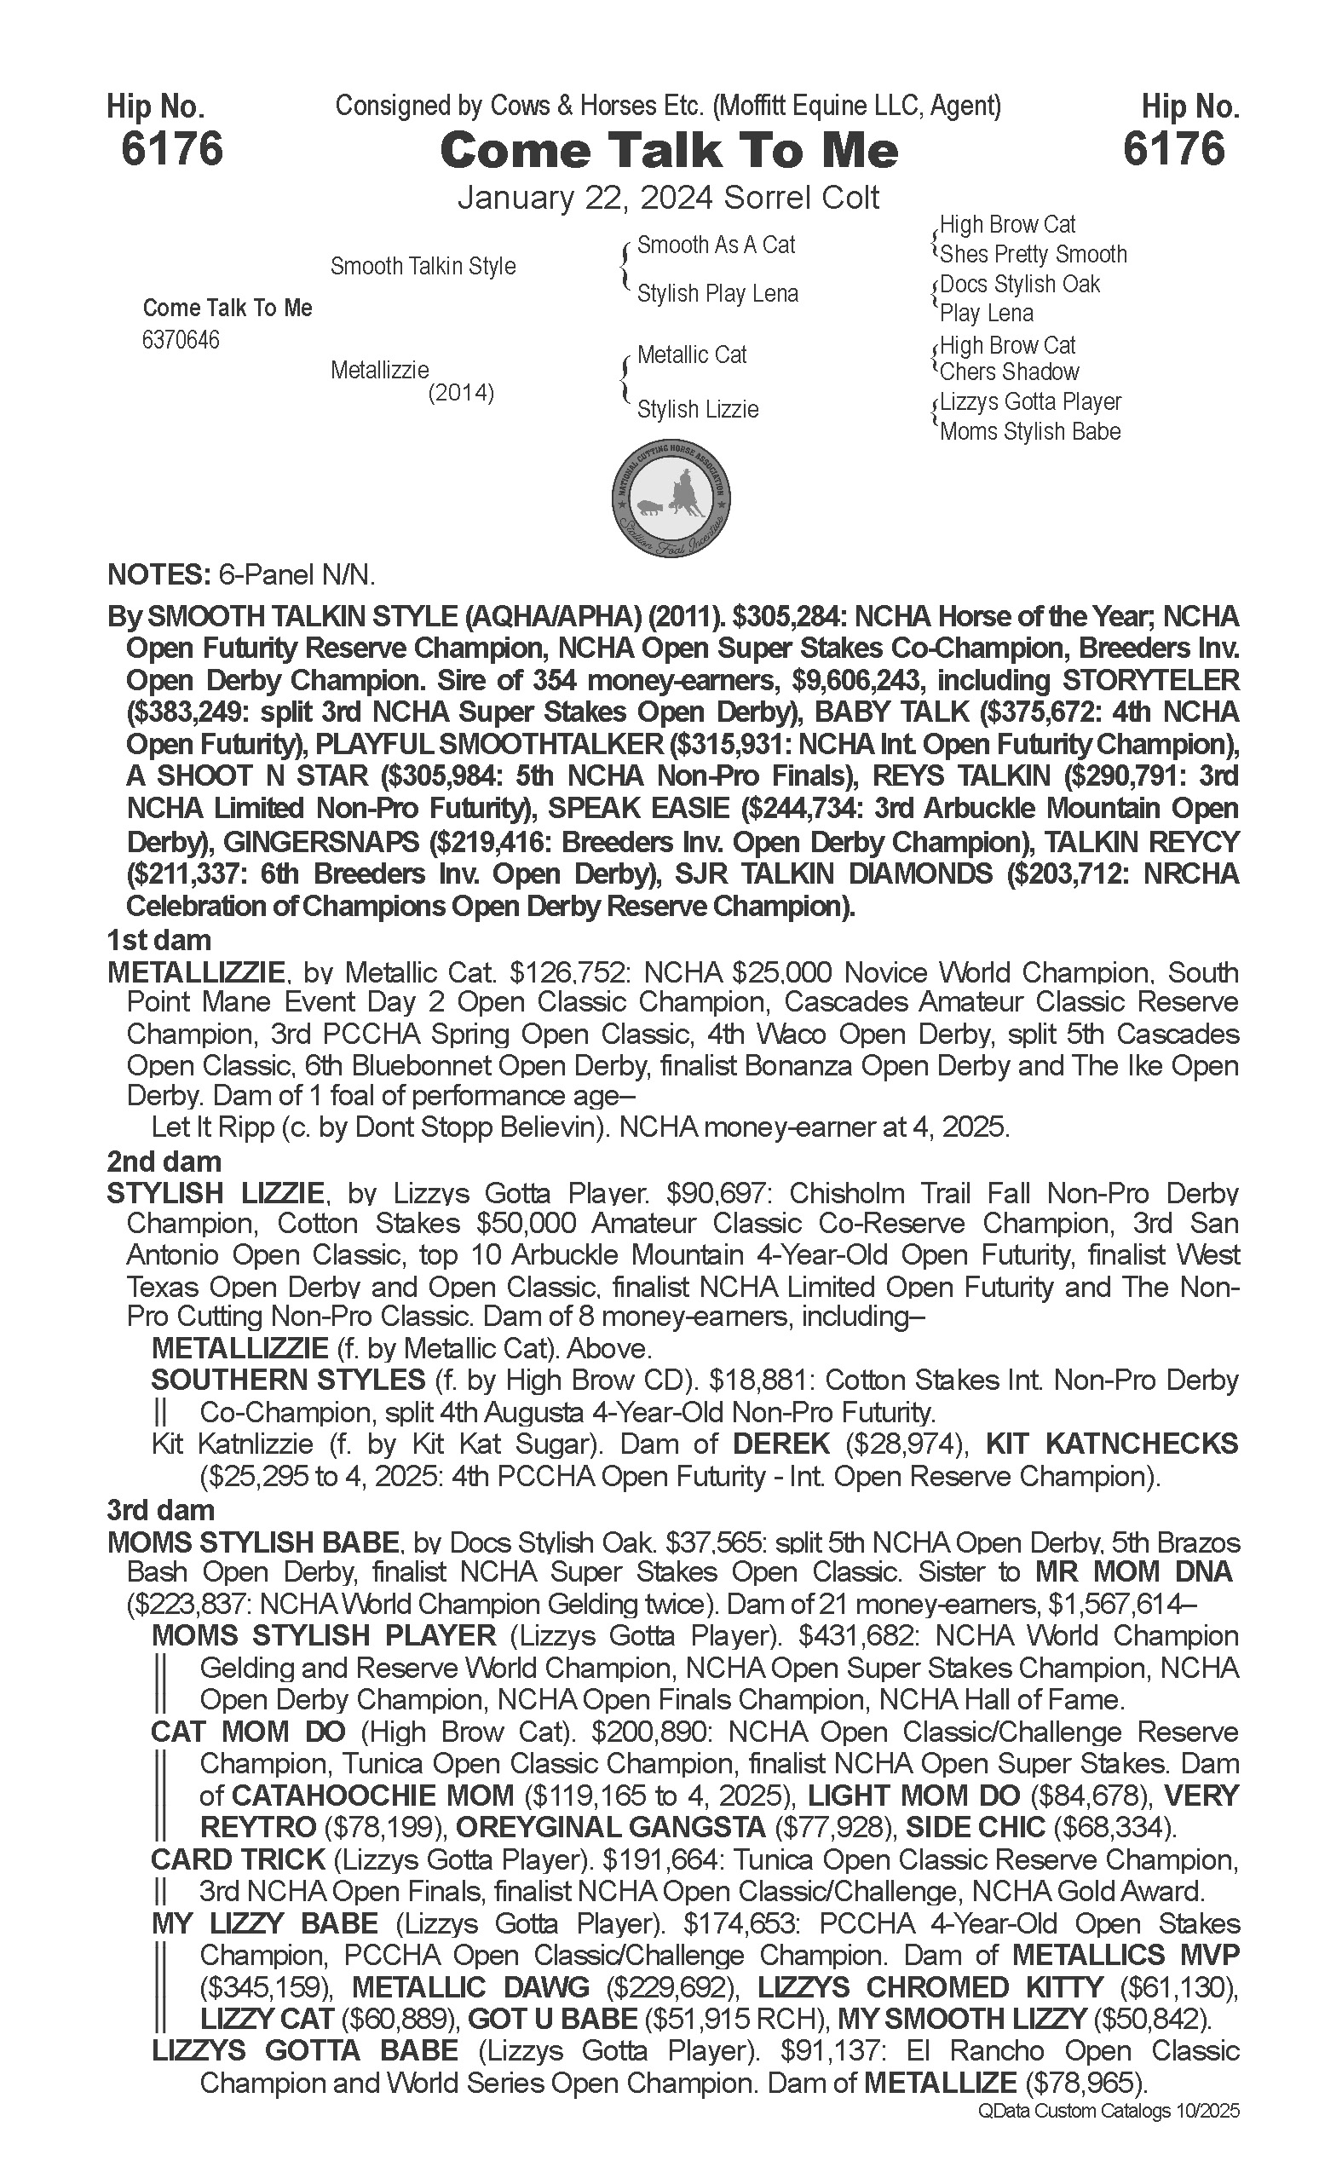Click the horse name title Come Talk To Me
pos(669,151)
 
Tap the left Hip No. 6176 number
pos(171,148)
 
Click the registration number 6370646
pos(180,341)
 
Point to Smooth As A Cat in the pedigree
pos(716,245)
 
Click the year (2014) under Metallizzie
pos(461,392)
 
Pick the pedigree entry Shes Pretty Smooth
pos(1032,255)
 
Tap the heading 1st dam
pos(158,939)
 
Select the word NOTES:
pos(156,575)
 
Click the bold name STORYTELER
pos(1145,681)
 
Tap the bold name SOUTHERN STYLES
pos(288,1380)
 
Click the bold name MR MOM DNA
pos(1133,1571)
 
